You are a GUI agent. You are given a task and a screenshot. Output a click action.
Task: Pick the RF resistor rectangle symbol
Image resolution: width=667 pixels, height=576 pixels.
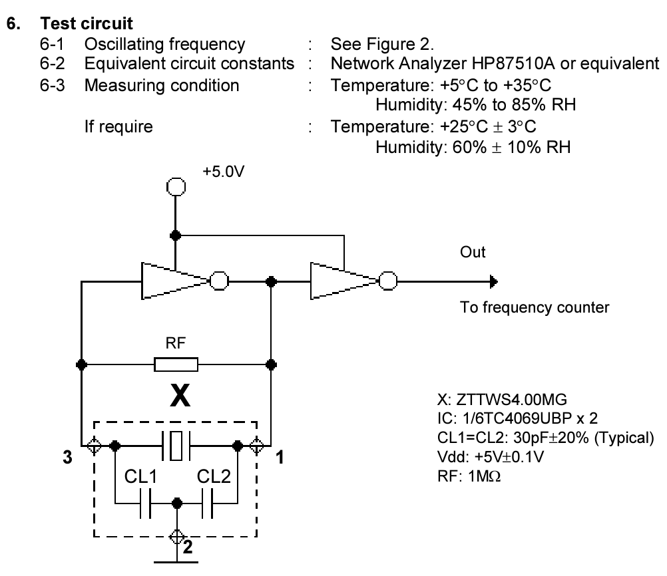pos(176,364)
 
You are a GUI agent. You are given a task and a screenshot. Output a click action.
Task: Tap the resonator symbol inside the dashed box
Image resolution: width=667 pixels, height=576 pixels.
pos(176,444)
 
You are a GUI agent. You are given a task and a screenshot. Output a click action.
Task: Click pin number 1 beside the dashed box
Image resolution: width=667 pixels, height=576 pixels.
pos(280,459)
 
